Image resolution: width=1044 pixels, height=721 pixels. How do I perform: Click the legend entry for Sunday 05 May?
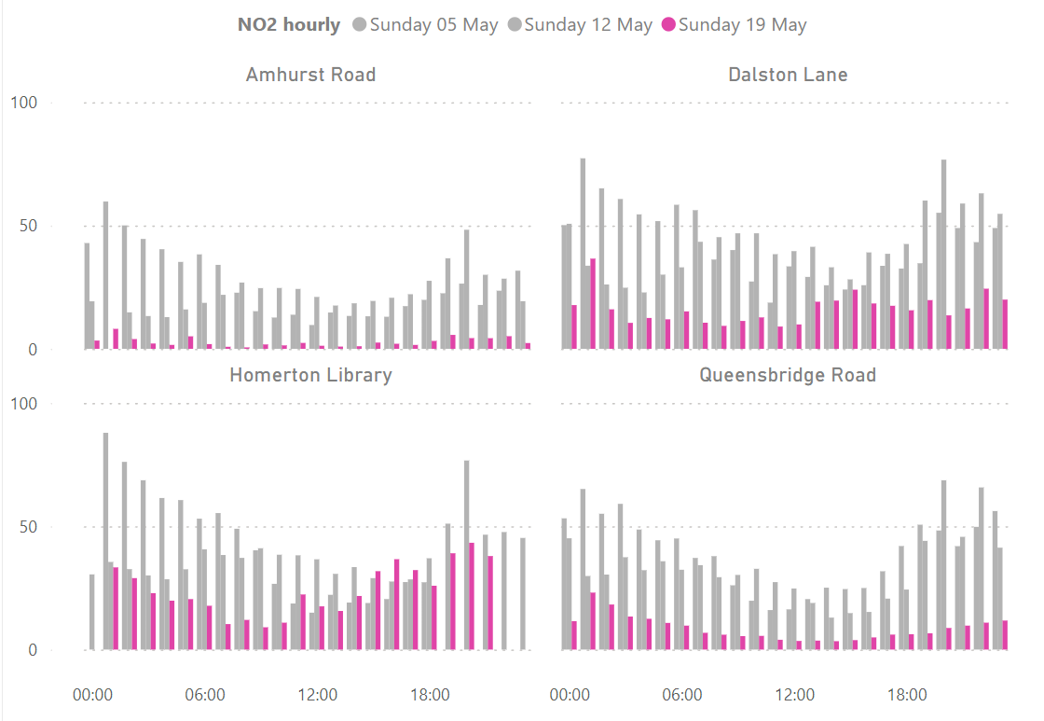[425, 25]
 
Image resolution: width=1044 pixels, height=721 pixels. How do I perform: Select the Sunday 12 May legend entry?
[580, 25]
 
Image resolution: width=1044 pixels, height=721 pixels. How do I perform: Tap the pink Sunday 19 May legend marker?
[668, 25]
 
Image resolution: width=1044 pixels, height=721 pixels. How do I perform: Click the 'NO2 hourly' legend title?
[288, 25]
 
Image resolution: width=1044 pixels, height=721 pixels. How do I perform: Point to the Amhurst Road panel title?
[310, 75]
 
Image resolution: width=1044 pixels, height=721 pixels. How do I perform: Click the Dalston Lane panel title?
[788, 75]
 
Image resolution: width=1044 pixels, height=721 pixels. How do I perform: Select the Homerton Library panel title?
[310, 375]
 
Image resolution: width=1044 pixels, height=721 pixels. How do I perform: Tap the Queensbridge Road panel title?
[788, 375]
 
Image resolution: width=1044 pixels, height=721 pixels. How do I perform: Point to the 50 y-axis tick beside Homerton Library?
[28, 527]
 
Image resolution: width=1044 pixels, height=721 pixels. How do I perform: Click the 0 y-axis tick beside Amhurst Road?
[32, 350]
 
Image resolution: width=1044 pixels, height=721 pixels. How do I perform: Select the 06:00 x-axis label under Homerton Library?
[205, 695]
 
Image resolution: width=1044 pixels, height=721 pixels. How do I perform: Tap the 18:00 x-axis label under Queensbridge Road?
[906, 695]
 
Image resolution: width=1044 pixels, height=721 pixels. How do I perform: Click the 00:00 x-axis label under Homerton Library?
[92, 695]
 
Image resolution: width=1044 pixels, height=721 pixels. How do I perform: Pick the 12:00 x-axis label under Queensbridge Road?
[794, 695]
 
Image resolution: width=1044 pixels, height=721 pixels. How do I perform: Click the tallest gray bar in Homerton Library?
[105, 541]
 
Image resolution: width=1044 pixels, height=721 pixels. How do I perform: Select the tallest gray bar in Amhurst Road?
[105, 275]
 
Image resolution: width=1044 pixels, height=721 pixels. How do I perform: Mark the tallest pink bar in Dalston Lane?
[593, 304]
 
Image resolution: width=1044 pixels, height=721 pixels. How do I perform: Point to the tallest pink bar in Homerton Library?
[472, 596]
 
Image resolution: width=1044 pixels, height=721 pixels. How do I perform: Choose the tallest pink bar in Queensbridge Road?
[593, 620]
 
